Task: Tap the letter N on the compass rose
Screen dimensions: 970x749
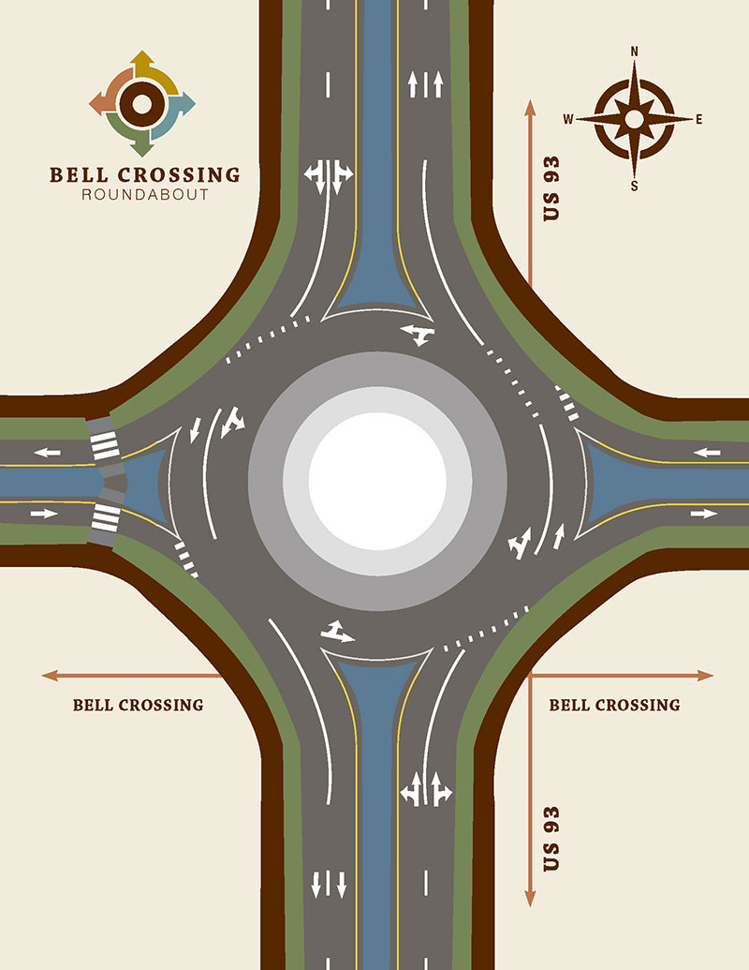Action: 634,52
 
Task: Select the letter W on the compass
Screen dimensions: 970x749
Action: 567,119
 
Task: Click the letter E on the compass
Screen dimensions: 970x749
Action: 698,119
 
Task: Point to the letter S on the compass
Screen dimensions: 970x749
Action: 634,186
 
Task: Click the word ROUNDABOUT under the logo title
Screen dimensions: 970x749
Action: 145,196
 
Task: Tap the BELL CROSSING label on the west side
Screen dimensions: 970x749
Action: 138,705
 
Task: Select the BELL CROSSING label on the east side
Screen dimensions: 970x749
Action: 614,705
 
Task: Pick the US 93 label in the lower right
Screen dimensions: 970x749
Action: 552,837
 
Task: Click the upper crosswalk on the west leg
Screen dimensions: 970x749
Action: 104,442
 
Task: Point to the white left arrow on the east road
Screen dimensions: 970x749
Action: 707,453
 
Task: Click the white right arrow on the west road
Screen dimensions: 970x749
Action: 45,514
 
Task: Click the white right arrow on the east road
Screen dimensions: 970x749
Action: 704,514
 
